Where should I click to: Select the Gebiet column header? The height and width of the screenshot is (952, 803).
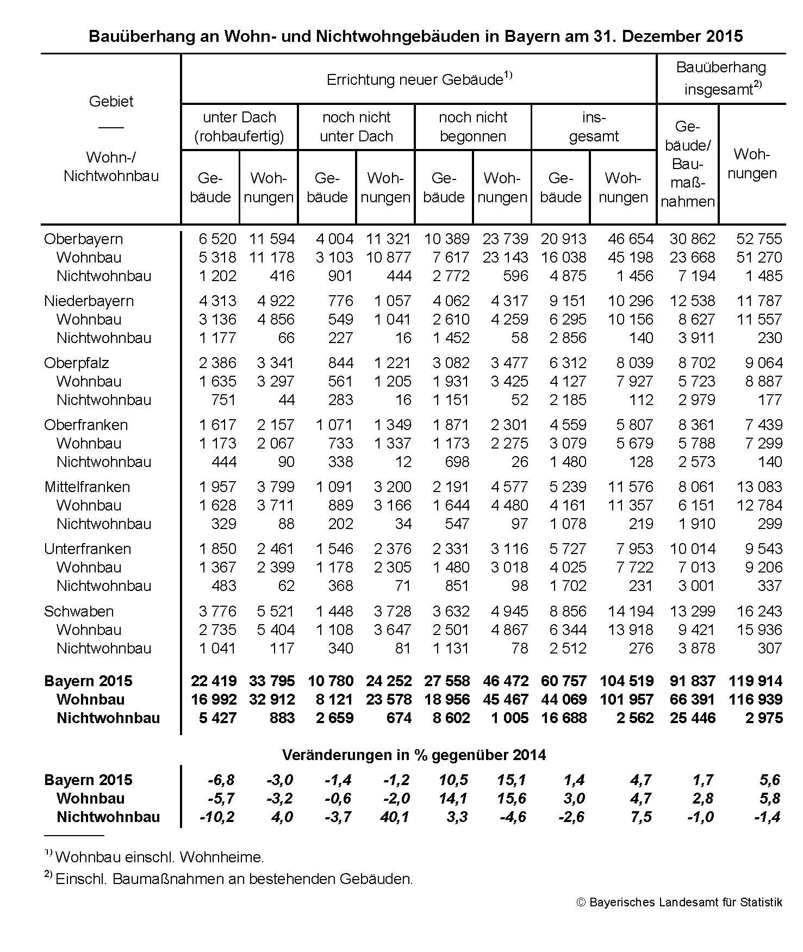[x=111, y=102]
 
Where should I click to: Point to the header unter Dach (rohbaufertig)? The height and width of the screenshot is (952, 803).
[x=239, y=127]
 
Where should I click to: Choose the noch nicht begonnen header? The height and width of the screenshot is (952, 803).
[x=472, y=127]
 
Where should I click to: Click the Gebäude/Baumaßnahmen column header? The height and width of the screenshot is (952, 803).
[x=687, y=164]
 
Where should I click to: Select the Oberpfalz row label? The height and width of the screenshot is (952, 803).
[x=76, y=363]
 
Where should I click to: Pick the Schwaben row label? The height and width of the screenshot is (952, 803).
[x=79, y=611]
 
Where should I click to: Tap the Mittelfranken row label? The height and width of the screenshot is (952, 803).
[x=87, y=487]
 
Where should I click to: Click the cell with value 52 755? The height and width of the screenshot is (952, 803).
[x=759, y=239]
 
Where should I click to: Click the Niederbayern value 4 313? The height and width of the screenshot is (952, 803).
[x=217, y=301]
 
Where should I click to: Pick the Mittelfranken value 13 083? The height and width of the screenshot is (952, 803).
[x=759, y=487]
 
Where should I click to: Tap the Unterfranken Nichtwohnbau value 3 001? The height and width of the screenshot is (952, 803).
[x=696, y=586]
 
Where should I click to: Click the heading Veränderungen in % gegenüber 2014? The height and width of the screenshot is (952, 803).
[x=414, y=755]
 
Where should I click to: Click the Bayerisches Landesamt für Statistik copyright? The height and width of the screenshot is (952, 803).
[x=679, y=903]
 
